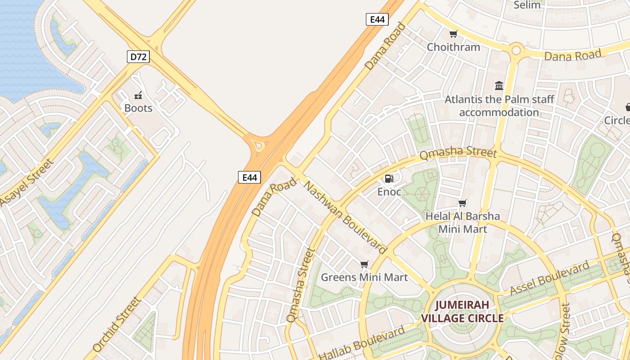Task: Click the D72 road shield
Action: pos(138,57)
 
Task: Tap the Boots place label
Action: pos(138,108)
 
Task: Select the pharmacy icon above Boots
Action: pos(138,95)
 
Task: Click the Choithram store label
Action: pos(453,47)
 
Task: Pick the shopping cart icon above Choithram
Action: pos(453,34)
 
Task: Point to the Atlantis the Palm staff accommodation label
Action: pos(499,106)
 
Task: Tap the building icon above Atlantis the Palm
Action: pos(499,86)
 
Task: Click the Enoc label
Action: pos(389,192)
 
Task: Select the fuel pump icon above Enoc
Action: pos(389,179)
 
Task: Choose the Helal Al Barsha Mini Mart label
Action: pos(463,222)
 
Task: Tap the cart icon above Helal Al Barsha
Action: pos(462,203)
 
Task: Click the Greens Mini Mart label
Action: pos(364,277)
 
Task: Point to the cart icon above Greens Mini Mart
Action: pos(364,264)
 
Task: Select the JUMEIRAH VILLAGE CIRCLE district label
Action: pos(462,311)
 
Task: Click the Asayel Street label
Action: pos(27,182)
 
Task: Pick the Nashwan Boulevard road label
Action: pos(346,217)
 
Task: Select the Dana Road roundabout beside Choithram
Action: pos(516,49)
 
